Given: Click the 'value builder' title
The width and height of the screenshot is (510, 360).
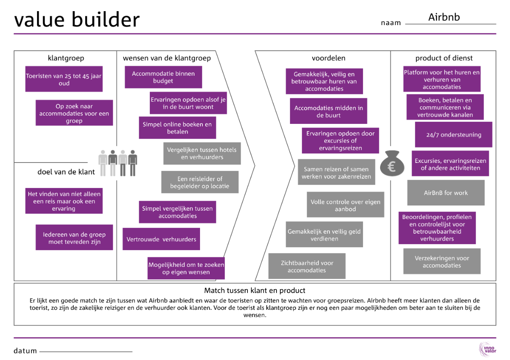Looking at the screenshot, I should coord(77,20).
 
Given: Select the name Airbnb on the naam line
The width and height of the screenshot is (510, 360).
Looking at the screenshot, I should coord(444,17).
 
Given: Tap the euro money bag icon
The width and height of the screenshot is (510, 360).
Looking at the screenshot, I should coord(392,164).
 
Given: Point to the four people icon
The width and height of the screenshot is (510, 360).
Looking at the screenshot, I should coord(118,162).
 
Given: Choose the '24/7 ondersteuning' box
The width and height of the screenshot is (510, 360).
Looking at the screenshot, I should coord(453,135).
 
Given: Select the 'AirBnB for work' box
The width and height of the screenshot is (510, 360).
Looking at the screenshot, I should coord(446,193).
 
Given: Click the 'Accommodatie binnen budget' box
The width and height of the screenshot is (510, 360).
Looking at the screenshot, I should coord(163,77).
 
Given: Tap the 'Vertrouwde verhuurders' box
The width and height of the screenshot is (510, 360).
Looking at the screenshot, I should coord(161,239).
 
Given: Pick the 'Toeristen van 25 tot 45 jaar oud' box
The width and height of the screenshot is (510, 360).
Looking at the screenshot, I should coord(64,79).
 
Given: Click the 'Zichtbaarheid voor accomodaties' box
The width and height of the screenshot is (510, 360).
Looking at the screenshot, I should coord(307,266).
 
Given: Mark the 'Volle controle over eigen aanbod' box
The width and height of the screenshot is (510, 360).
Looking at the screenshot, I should coord(345,205).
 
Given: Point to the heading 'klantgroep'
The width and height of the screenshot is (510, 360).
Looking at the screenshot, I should coord(66,58).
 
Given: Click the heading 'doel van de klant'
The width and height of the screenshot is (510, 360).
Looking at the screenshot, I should coord(66,172).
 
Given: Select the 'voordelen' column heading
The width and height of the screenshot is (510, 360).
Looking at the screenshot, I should coord(328,58).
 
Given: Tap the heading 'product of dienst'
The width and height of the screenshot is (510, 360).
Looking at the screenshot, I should coord(444,58).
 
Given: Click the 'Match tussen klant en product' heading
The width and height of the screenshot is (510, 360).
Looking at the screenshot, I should coord(255,290).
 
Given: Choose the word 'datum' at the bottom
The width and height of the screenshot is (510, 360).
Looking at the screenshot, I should coord(25,351).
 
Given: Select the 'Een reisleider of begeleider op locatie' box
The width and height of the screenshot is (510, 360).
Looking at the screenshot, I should coord(200,182).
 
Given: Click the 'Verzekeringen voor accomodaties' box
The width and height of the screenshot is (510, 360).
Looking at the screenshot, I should coord(442,262).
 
